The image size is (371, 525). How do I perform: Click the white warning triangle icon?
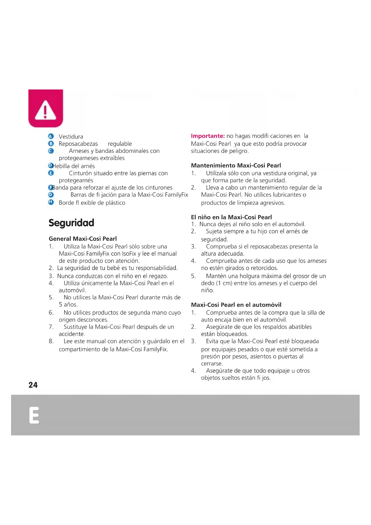45,110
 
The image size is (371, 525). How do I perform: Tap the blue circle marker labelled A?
51,136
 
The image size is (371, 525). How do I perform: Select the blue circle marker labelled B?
51,144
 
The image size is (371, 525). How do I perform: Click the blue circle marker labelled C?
51,151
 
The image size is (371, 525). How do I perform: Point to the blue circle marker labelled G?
51,195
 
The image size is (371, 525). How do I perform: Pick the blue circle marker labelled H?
51,202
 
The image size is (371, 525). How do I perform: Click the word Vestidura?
71,136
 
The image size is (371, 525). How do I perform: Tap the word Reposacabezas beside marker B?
78,144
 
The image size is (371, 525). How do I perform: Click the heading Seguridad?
71,223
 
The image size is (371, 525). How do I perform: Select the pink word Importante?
208,136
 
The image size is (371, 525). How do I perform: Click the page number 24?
33,385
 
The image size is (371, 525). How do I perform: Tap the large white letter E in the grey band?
34,415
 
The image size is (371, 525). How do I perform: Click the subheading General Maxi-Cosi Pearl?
83,239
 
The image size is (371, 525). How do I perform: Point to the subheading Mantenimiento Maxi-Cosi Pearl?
236,165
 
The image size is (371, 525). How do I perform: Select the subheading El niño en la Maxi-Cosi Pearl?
231,217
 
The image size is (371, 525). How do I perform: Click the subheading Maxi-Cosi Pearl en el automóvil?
236,305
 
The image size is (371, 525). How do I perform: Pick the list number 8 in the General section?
51,341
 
